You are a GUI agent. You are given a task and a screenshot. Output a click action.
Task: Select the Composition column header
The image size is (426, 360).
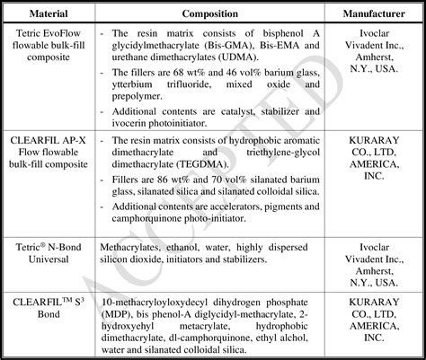coord(209,14)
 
